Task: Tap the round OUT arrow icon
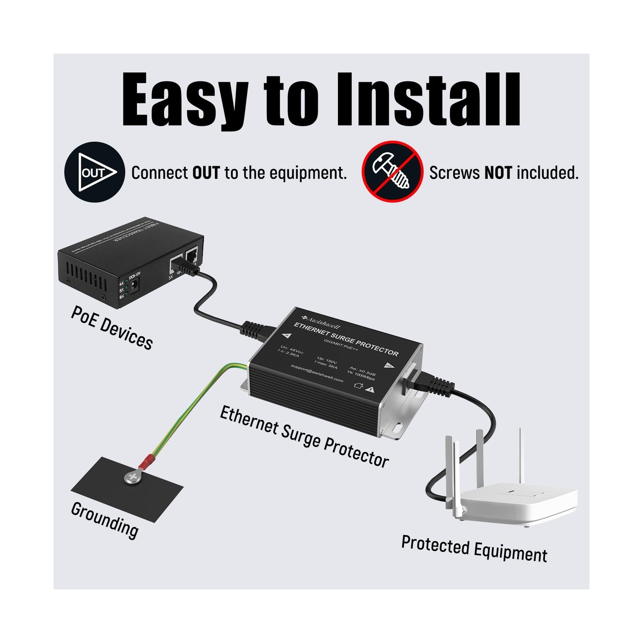[x=94, y=172]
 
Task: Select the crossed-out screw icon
[x=392, y=172]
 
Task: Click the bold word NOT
[x=498, y=173]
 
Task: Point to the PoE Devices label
[x=112, y=328]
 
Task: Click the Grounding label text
[x=104, y=519]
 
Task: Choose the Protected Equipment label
[x=474, y=549]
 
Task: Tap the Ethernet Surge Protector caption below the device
[x=304, y=436]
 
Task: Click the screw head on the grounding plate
[x=133, y=477]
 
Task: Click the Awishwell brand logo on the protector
[x=321, y=320]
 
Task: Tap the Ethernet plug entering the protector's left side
[x=257, y=330]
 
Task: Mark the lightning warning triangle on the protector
[x=371, y=389]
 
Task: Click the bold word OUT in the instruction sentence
[x=206, y=173]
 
